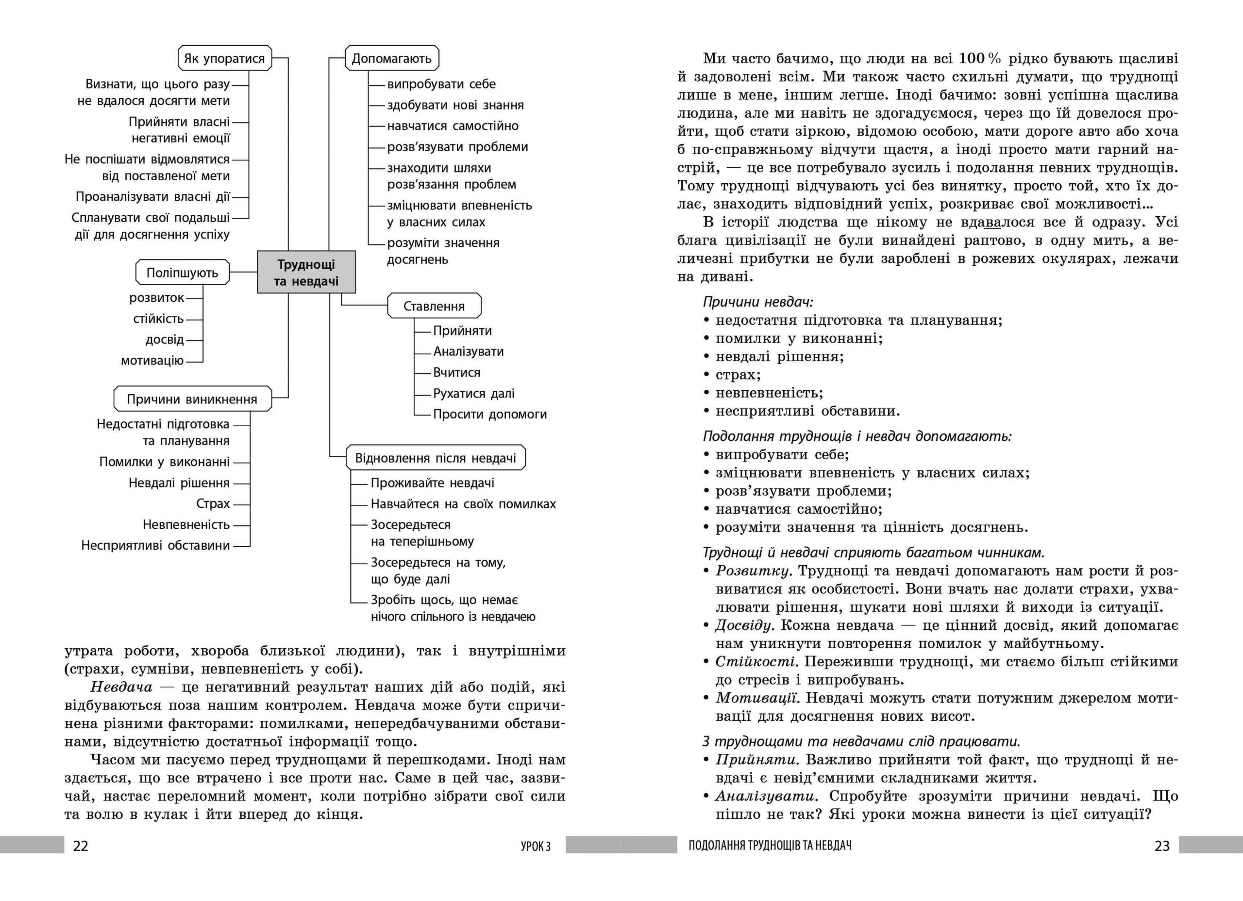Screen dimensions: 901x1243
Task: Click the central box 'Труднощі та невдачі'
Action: [x=306, y=273]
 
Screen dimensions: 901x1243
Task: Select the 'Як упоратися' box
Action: [x=225, y=59]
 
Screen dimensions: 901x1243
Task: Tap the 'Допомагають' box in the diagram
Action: [x=391, y=59]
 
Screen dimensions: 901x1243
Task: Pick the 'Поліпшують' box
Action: [x=182, y=273]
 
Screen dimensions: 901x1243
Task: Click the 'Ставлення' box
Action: [x=434, y=306]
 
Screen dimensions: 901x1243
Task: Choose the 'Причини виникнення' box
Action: [x=192, y=399]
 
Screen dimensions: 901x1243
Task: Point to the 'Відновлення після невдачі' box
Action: [x=436, y=458]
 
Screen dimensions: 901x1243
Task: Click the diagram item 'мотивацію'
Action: [x=152, y=361]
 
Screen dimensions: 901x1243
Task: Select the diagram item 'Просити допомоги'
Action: [x=490, y=414]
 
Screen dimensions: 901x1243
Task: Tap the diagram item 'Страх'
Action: [x=213, y=503]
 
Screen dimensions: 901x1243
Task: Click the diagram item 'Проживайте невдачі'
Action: [x=433, y=483]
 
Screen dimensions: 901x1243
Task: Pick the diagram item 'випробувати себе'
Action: [x=441, y=84]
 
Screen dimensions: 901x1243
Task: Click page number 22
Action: [x=81, y=846]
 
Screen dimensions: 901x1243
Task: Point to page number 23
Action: [x=1162, y=846]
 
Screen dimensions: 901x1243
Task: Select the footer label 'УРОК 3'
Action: [x=536, y=846]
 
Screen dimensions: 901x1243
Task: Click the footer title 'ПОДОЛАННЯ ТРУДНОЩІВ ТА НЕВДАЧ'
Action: [x=770, y=846]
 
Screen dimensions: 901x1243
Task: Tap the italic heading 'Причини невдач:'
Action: [x=758, y=302]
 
